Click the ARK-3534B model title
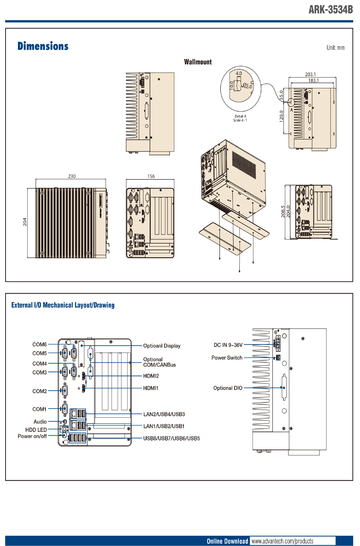click(331, 10)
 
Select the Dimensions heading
click(43, 46)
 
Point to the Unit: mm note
click(336, 48)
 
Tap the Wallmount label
click(198, 62)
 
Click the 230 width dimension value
click(72, 176)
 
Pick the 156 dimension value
click(151, 176)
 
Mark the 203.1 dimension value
click(310, 75)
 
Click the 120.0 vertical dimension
click(281, 117)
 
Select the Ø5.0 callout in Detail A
click(247, 86)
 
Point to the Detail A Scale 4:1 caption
click(240, 118)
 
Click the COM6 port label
click(40, 345)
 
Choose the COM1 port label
click(40, 409)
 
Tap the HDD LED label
click(36, 430)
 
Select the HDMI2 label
click(151, 376)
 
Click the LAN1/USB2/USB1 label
click(164, 426)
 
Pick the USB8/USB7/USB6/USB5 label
click(172, 439)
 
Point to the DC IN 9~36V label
click(228, 345)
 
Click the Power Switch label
click(227, 358)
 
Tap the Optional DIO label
click(228, 388)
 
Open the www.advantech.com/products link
click(282, 541)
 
